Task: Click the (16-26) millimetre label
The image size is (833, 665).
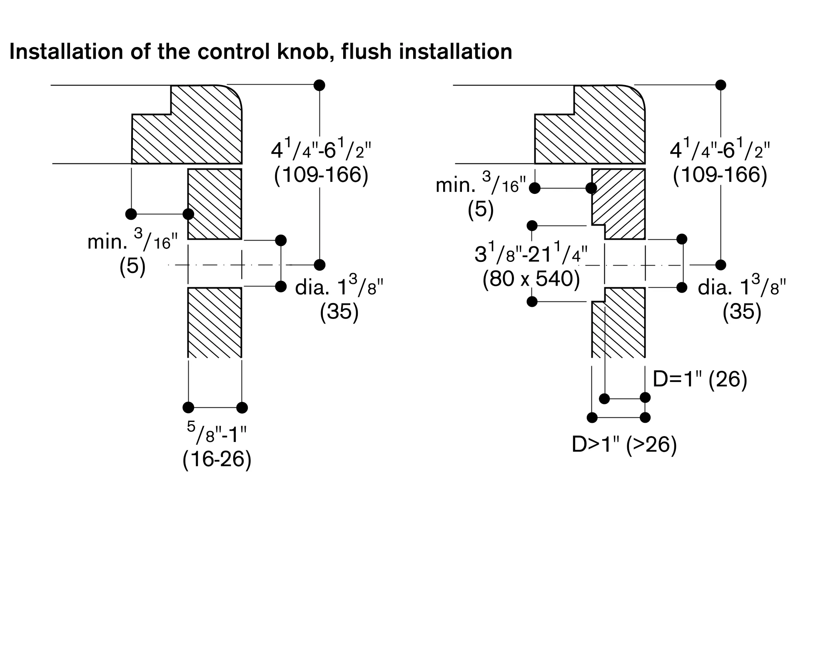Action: click(217, 459)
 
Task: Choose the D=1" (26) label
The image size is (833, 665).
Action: click(700, 379)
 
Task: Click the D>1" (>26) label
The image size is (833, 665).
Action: click(624, 445)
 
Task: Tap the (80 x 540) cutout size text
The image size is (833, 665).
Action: click(531, 279)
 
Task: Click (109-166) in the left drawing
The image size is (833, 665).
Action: click(321, 175)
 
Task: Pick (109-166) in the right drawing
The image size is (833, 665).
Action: click(720, 175)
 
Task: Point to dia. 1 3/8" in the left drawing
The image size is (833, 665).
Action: click(339, 287)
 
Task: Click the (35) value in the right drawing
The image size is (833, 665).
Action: click(742, 311)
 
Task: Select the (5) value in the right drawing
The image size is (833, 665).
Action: click(480, 209)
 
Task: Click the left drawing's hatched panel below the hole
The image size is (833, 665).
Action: click(215, 322)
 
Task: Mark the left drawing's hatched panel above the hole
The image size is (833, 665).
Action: click(215, 204)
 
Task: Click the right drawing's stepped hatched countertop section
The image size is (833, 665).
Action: click(600, 129)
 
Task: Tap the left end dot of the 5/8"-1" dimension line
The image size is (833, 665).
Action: click(188, 407)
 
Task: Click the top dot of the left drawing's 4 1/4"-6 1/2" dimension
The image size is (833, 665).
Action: click(319, 85)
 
